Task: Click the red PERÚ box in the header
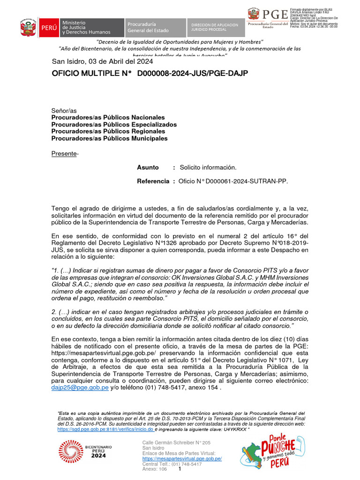(x=49, y=28)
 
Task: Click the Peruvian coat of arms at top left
(x=28, y=28)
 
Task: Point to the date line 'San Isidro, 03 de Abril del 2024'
(x=105, y=61)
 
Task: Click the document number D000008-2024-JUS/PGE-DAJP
(x=192, y=73)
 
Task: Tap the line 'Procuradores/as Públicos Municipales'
(x=109, y=138)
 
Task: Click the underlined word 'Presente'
(x=64, y=153)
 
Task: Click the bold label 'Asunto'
(x=148, y=167)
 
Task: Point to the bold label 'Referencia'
(x=153, y=181)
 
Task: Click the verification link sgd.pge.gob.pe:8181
(x=105, y=429)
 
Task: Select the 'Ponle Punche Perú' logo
(x=267, y=452)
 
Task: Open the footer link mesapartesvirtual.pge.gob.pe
(x=182, y=458)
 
